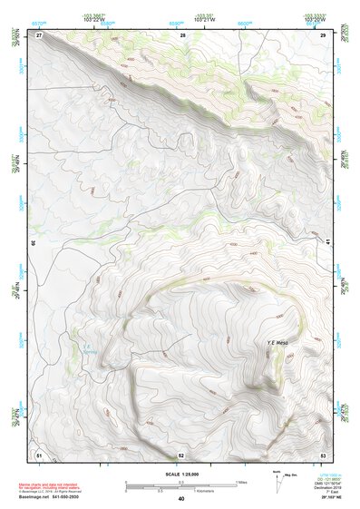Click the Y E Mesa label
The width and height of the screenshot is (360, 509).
coord(277,342)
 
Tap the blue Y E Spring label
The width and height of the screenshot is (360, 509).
coord(86,349)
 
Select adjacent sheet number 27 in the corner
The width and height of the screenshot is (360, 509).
coord(39,34)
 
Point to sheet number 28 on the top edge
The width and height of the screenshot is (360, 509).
coord(182,34)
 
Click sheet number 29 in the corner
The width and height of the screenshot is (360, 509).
coord(323,34)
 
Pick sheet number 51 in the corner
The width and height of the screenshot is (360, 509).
coord(39,454)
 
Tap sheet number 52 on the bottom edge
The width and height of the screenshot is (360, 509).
coord(181,455)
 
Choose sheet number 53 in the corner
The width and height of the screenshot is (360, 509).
coord(323,454)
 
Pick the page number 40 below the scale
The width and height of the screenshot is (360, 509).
coord(181,500)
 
